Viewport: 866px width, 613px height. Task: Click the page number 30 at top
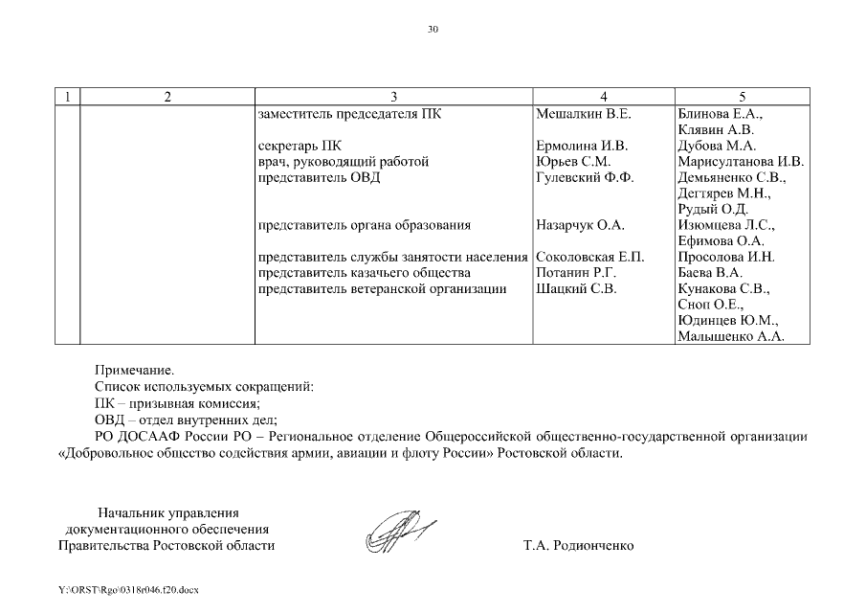[433, 30]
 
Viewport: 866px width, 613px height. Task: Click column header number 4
[603, 97]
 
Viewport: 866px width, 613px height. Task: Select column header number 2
[167, 97]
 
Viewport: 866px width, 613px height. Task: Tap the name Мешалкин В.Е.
[584, 114]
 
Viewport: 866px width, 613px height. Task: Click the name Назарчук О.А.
[580, 225]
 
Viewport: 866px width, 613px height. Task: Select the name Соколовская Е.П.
[590, 257]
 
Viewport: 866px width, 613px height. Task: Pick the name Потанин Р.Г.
[575, 273]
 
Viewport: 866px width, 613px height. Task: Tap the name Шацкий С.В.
[576, 288]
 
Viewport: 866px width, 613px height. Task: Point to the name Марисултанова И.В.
[740, 162]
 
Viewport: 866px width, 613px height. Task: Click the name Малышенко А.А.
[730, 336]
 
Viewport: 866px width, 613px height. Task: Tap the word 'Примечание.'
[134, 369]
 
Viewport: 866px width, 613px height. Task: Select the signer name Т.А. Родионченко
[578, 546]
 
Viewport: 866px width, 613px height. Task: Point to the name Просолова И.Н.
[726, 257]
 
